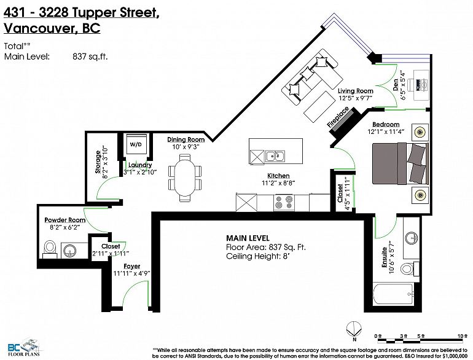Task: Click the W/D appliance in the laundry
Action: coord(136,144)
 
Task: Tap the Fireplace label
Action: coord(338,117)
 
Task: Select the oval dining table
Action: coord(184,178)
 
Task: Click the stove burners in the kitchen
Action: coord(284,202)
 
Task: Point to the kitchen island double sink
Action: coord(275,157)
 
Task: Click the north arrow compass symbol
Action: coord(354,329)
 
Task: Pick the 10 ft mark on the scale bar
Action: coord(459,336)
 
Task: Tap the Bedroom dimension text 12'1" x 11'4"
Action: coord(386,131)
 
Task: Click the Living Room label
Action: coord(355,91)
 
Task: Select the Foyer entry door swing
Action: coord(137,293)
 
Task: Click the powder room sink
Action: coord(70,250)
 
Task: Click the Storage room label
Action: coord(98,162)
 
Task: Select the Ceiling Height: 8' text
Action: coord(257,257)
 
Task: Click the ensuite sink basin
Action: coord(410,238)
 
